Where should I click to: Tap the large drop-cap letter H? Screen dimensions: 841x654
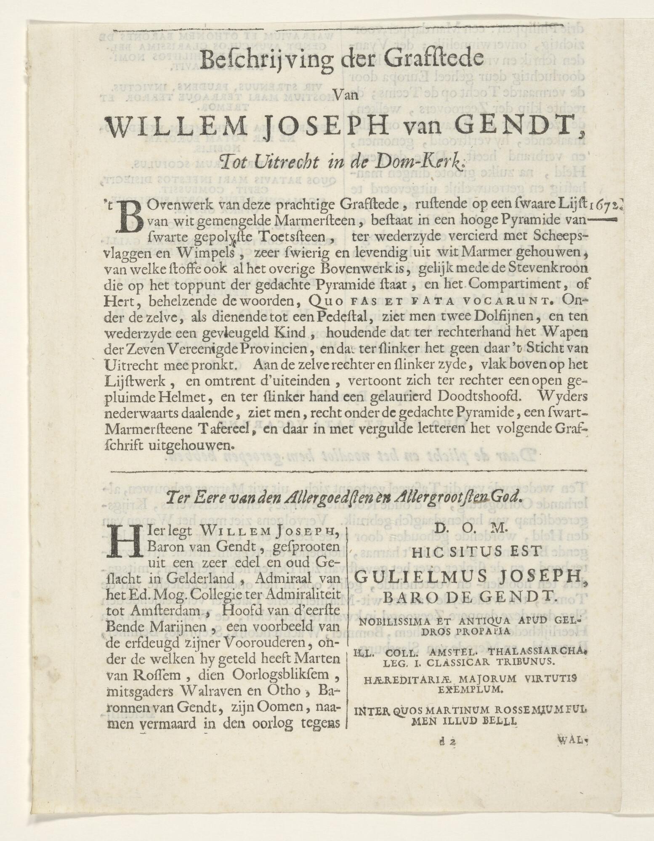click(119, 542)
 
